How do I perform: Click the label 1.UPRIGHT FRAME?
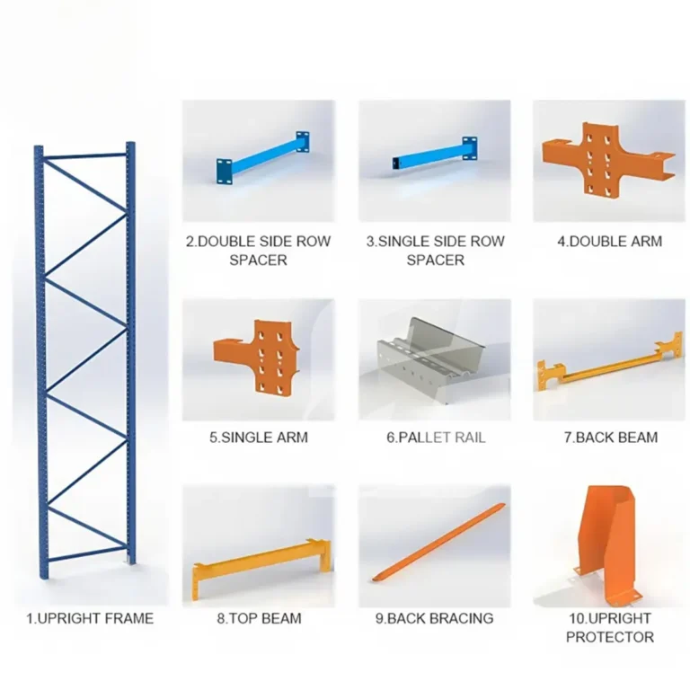tap(90, 618)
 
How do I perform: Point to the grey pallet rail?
tap(429, 357)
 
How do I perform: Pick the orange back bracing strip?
tap(438, 542)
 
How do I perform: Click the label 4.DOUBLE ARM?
tap(609, 241)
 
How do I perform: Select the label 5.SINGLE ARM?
tap(259, 438)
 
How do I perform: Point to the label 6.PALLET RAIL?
tap(436, 438)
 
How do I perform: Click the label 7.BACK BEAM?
tap(611, 438)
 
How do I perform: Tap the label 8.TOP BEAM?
tap(259, 618)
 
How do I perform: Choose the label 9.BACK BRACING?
tap(434, 618)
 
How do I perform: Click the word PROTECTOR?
tap(609, 637)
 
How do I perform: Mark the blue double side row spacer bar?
tap(262, 158)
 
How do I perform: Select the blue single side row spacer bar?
tap(435, 154)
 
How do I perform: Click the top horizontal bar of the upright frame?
tap(85, 155)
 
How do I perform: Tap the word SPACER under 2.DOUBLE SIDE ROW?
tap(259, 260)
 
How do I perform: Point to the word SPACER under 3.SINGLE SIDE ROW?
tap(435, 260)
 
